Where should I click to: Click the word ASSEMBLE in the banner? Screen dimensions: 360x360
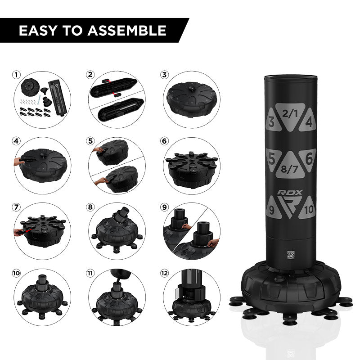coord(127,31)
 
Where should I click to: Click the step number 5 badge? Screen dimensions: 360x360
coord(91,141)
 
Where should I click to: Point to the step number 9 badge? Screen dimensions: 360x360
coord(164,207)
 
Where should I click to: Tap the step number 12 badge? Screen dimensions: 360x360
coord(165,273)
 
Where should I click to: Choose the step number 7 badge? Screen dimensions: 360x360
coord(17,207)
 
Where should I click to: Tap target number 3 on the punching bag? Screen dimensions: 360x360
coord(271,122)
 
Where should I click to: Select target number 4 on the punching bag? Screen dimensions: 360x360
coord(309,122)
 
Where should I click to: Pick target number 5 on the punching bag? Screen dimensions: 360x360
coord(271,158)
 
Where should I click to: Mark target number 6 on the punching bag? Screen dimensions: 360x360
coord(309,158)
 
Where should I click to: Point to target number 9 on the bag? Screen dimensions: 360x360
coord(271,210)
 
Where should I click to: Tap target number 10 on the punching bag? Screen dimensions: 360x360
coord(308,210)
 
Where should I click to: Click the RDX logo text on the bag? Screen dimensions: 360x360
coord(290,192)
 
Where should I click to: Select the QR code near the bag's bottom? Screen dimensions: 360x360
coord(290,254)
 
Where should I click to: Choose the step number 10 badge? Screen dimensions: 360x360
coord(17,273)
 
